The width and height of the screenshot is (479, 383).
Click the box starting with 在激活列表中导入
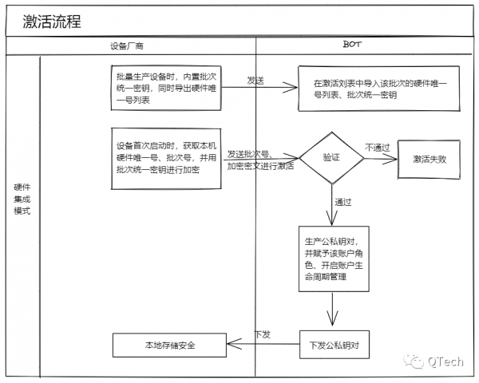point(380,89)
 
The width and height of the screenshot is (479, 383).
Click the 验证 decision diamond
point(331,158)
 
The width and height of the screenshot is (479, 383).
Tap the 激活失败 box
point(430,159)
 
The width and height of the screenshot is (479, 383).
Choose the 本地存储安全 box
point(169,345)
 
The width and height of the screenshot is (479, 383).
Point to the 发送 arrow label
point(255,81)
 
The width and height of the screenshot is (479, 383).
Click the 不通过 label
point(378,147)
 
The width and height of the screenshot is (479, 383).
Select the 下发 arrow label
point(262,334)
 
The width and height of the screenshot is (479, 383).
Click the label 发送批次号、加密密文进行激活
point(260,160)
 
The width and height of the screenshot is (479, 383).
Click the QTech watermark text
point(445,361)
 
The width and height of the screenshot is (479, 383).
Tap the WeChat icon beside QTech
point(415,361)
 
